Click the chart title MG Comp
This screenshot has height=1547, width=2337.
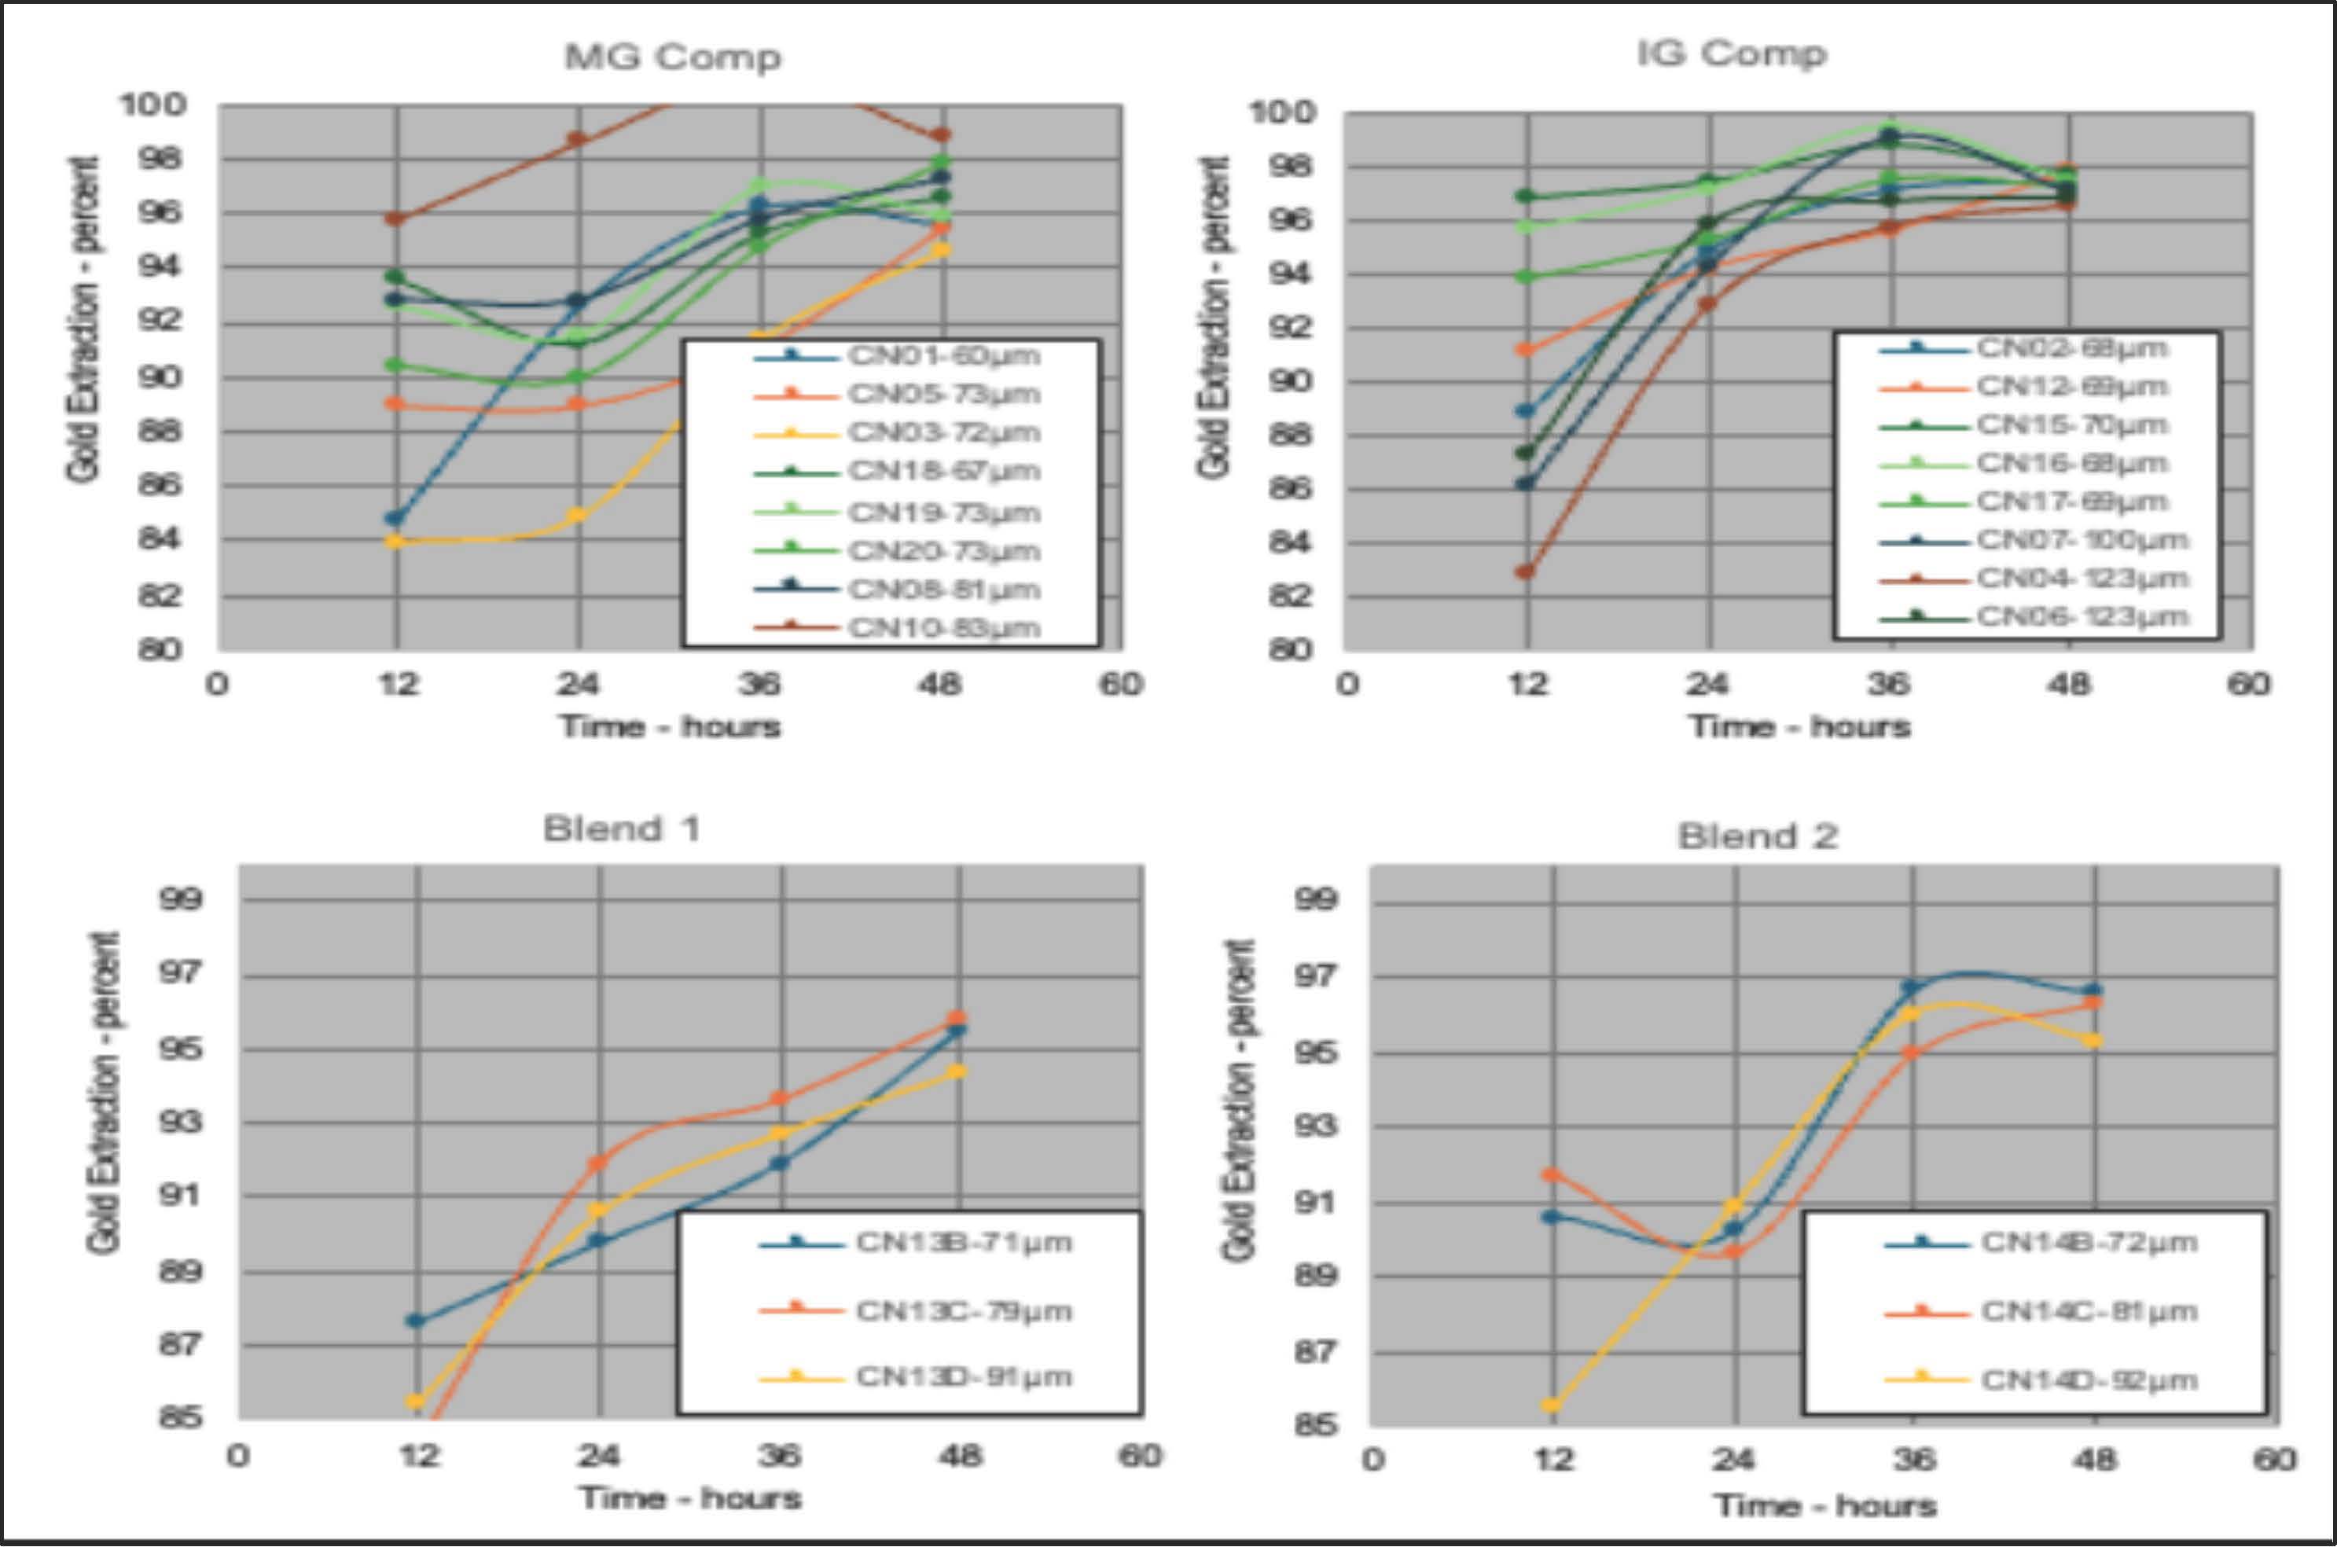pos(673,57)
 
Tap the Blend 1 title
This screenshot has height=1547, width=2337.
pos(622,829)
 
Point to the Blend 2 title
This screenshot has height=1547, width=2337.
pos(1758,836)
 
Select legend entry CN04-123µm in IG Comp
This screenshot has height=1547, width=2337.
pos(2082,578)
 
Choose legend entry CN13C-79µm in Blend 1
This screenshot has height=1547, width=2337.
pos(963,1311)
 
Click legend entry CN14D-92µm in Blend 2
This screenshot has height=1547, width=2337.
pos(2089,1380)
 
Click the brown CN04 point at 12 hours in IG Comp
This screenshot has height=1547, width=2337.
pos(1525,571)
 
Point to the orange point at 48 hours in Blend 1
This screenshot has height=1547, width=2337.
pos(956,1018)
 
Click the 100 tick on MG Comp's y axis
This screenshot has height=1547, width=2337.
pos(153,104)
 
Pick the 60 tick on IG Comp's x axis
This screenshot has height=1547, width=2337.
pos(2248,684)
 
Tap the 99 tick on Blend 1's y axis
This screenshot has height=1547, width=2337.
pos(181,898)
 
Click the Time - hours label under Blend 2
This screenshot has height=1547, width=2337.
pos(1825,1505)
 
